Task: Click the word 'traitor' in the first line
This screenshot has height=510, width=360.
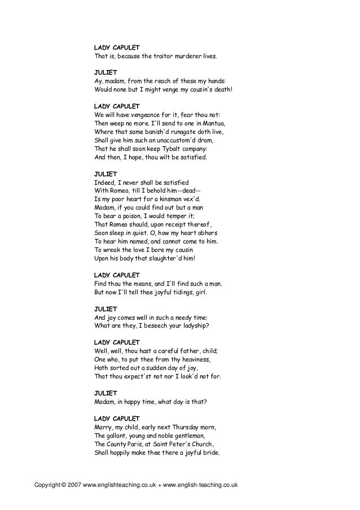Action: tap(156, 57)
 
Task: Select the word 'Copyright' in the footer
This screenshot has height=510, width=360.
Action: tap(47, 485)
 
